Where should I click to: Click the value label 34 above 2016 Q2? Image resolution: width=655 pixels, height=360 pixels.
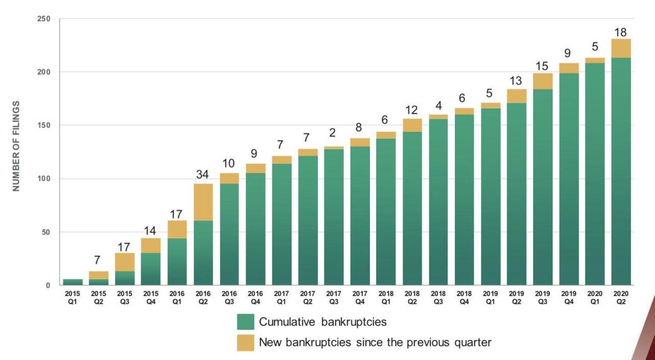tap(203, 174)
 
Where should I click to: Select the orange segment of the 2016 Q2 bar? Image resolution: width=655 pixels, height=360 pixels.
tap(203, 201)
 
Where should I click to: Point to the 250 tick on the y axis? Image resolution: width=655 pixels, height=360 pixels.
tap(44, 19)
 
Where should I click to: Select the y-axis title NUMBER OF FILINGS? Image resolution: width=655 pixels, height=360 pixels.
tap(16, 146)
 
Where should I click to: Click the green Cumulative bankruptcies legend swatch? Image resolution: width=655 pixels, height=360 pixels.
tap(246, 322)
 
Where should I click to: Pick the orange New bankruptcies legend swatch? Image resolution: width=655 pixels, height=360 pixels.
tap(246, 343)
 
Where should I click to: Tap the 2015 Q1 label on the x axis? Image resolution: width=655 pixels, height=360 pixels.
tap(73, 297)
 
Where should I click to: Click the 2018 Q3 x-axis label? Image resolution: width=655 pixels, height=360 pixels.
tap(438, 297)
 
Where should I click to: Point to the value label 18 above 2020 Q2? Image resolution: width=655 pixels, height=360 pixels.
tap(620, 33)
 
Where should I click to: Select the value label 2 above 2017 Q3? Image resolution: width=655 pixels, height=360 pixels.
tap(333, 133)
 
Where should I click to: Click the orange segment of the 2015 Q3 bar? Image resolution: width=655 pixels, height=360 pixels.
tap(125, 262)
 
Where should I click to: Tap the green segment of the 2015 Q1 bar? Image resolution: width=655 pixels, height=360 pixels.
tap(73, 282)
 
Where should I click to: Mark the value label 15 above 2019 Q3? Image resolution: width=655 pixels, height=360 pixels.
tap(542, 66)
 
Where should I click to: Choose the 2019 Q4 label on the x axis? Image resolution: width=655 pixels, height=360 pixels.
tap(569, 297)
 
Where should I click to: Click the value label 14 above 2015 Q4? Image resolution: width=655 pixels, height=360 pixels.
tap(151, 231)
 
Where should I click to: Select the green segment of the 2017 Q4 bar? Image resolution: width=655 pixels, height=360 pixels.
tap(360, 215)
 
